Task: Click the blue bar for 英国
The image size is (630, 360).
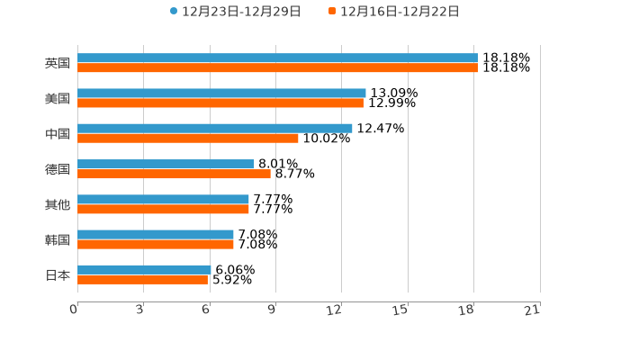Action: pos(277,58)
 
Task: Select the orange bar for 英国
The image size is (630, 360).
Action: pos(277,67)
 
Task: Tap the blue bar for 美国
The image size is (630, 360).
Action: pos(221,93)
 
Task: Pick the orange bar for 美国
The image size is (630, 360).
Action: pos(220,103)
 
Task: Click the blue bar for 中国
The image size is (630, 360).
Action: pos(215,129)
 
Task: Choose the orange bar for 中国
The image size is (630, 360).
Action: pos(188,138)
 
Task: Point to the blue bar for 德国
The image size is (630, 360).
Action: pos(166,164)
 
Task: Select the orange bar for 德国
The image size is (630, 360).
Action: pos(174,174)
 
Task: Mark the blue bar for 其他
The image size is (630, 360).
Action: pos(163,199)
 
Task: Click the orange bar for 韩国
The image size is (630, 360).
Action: pos(156,244)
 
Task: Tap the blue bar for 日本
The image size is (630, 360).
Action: pos(144,269)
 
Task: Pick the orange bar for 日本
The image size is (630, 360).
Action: pos(142,279)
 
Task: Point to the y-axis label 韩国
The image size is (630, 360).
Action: pos(58,239)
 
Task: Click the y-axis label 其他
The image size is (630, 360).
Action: pos(58,204)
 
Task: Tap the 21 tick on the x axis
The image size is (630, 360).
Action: pos(532,310)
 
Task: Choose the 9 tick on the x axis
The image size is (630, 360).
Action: pos(271,310)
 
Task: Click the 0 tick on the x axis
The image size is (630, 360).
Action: pos(74,310)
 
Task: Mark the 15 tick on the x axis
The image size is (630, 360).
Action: pos(400,310)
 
